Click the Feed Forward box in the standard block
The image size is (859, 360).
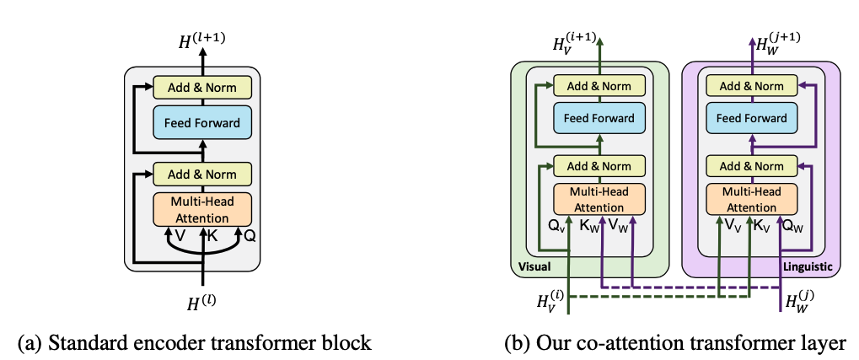pos(202,123)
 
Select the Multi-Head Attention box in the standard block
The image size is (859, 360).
pos(202,210)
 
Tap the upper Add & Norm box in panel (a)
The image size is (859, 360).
pos(202,86)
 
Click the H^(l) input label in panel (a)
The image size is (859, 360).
pos(203,300)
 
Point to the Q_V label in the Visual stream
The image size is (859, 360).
pos(560,227)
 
